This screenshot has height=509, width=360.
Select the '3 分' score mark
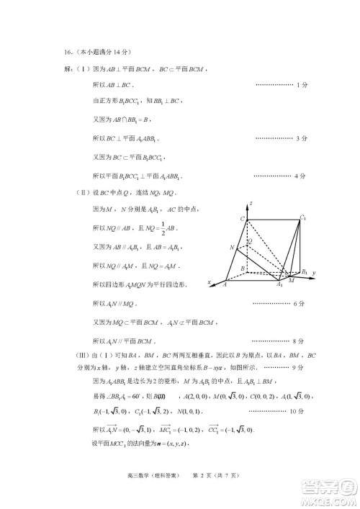tap(302, 138)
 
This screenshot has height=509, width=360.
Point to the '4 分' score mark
tap(302, 175)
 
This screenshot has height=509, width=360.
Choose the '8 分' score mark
tap(302, 340)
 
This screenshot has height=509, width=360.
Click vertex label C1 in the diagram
tap(303, 217)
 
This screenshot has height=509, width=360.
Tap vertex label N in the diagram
tap(232, 247)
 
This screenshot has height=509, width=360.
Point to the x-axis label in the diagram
tap(210, 282)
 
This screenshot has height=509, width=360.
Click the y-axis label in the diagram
tap(315, 274)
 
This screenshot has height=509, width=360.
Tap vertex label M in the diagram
tap(291, 281)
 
